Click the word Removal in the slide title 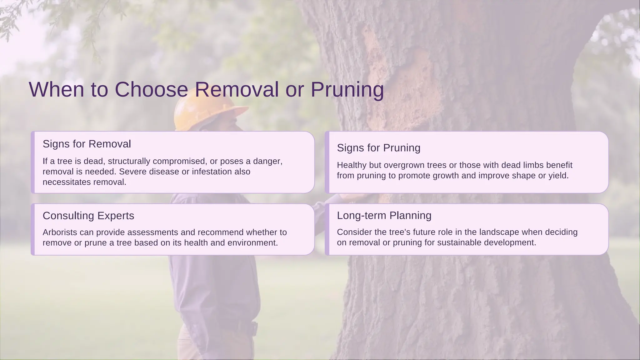237,90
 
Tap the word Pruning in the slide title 347,90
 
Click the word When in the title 57,90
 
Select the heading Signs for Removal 87,144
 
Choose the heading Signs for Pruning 378,148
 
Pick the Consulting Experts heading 88,216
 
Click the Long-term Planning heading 384,215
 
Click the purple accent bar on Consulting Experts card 33,229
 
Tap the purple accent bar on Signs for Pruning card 327,162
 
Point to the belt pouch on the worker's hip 254,329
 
